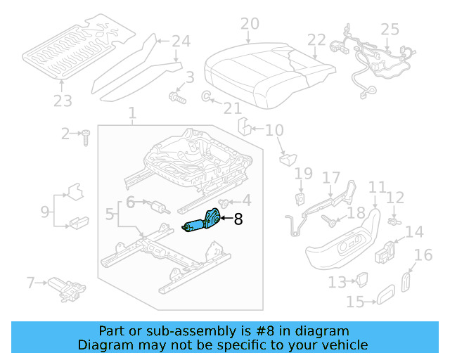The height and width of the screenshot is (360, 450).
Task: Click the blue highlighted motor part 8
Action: click(x=202, y=222)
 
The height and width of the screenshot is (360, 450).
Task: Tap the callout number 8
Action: click(x=238, y=219)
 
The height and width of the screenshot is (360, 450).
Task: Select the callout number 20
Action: click(x=250, y=25)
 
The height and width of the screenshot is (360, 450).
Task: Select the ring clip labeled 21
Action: click(x=207, y=96)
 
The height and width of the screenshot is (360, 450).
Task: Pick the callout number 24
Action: click(x=181, y=41)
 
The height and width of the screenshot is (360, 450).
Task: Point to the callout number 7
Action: click(x=30, y=283)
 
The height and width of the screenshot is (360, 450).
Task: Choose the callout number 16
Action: click(x=423, y=255)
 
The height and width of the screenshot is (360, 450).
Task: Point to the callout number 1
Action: click(x=131, y=112)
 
